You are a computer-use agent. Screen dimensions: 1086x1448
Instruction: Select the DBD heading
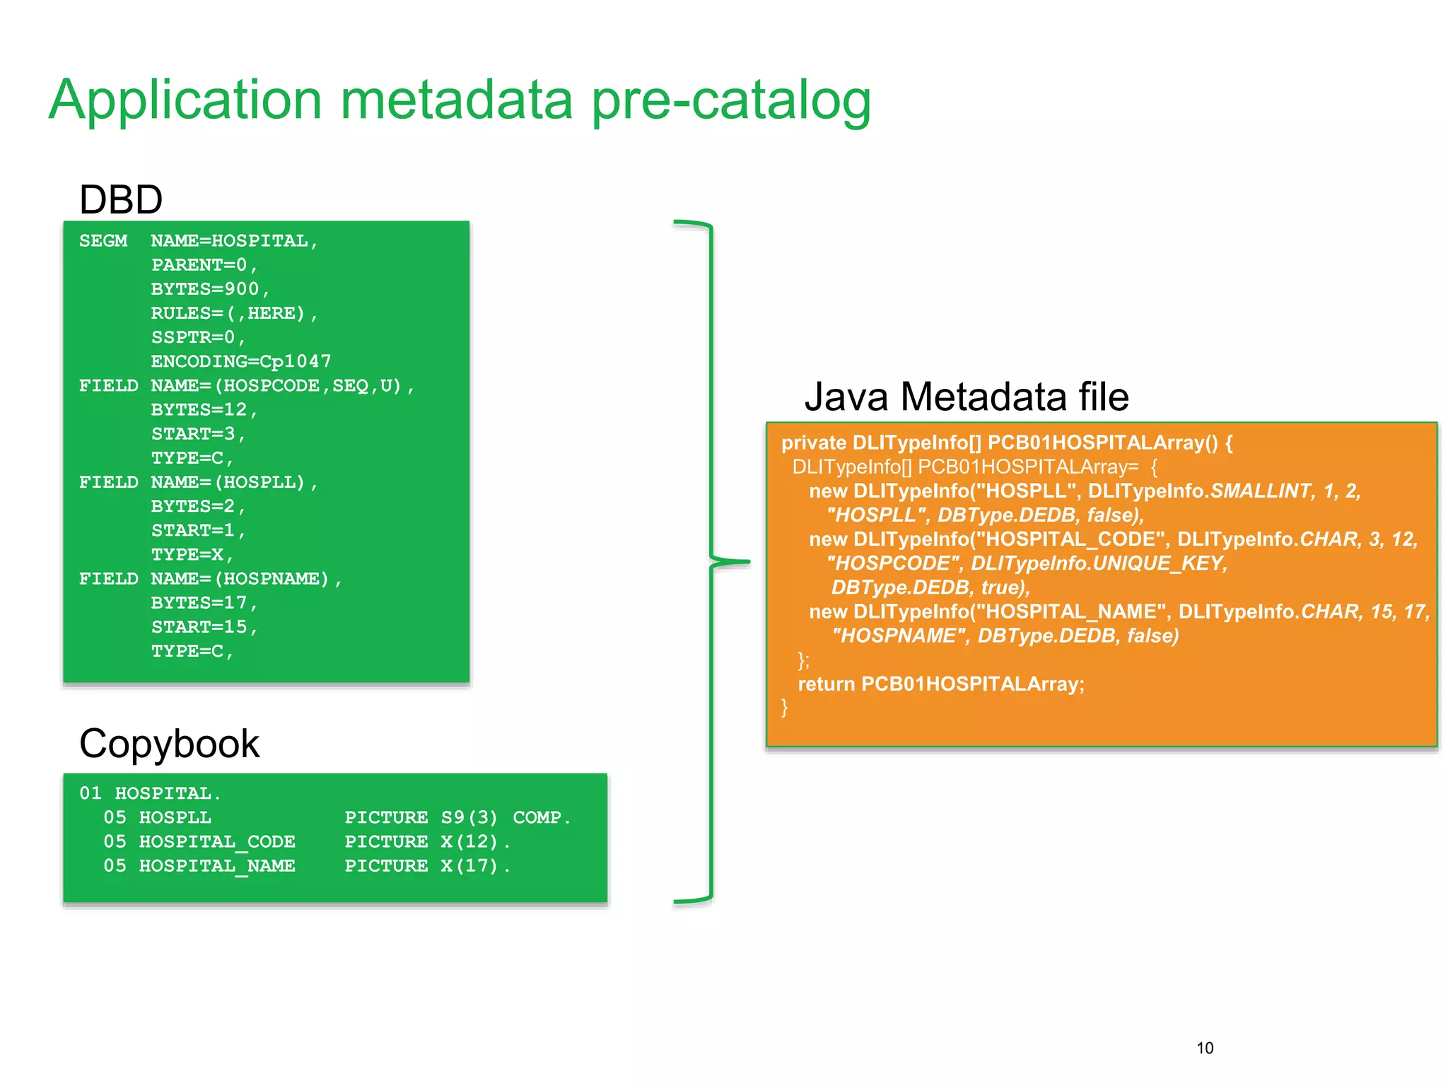tap(121, 200)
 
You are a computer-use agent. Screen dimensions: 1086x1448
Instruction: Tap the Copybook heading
tap(169, 745)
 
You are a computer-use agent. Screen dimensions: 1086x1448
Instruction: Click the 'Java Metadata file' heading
tap(966, 397)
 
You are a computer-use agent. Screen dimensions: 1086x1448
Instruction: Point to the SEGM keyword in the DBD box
tap(103, 241)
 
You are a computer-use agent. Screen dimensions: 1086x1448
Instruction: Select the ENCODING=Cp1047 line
tap(240, 362)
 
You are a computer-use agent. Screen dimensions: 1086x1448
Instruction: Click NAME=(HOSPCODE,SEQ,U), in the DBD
tap(282, 386)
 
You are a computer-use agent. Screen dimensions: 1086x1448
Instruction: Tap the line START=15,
tap(204, 627)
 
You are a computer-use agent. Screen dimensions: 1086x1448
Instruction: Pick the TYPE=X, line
tap(192, 555)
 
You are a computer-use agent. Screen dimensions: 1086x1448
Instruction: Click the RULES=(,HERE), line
tap(234, 313)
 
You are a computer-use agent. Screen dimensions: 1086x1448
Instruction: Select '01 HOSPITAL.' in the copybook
tap(150, 794)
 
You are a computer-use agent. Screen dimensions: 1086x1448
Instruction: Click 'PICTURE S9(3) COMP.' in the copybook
tap(457, 818)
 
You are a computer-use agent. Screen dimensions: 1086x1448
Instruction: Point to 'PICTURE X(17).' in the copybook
tap(427, 866)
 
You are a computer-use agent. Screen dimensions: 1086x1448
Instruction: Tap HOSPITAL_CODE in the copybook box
tap(217, 842)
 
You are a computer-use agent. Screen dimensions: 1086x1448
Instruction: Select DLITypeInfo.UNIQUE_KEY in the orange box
tap(1098, 564)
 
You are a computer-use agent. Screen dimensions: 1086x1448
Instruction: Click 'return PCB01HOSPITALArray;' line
tap(940, 684)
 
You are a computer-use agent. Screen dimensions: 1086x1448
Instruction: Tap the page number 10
tap(1205, 1049)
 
